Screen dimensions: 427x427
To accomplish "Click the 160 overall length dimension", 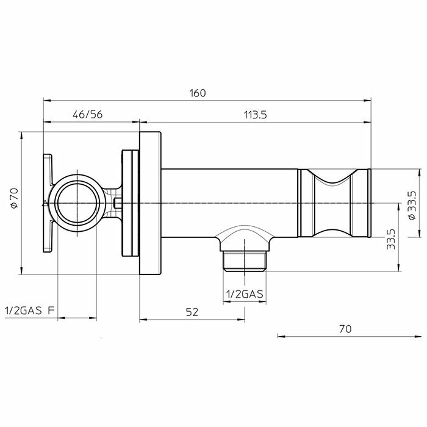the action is pos(198,93).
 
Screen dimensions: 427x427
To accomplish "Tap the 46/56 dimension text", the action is pos(88,115).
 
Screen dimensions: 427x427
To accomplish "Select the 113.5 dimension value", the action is pos(255,115).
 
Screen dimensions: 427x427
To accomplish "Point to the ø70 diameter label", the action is pos(14,198).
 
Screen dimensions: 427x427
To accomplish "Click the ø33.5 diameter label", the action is pos(412,205).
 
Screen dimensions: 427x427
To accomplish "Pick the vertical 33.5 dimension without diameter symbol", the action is pos(391,239).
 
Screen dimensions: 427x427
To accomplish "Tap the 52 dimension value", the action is pos(192,312).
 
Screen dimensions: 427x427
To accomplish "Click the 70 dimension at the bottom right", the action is pos(346,329).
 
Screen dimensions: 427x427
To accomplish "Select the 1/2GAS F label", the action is pos(30,310).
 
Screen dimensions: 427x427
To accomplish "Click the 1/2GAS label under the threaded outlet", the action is pos(245,294).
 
